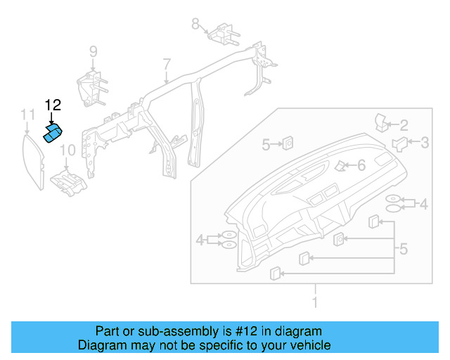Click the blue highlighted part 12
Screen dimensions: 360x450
tap(53, 133)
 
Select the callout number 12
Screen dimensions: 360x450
tap(53, 105)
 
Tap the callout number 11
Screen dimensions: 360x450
tap(27, 114)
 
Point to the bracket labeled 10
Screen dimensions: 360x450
tap(70, 181)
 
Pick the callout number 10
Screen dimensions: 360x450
tap(67, 150)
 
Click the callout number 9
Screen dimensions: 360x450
tap(93, 51)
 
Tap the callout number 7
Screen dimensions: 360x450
tap(167, 65)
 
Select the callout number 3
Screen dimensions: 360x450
tap(424, 143)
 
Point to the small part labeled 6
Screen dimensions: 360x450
tap(341, 166)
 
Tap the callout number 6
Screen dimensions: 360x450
tap(361, 166)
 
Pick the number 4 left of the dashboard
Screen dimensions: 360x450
tap(201, 240)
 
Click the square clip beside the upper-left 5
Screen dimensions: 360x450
tap(288, 144)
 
